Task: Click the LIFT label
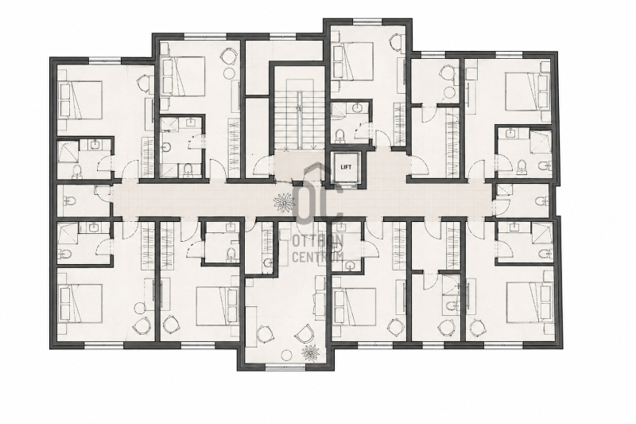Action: point(346,167)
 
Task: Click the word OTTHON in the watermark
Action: point(318,241)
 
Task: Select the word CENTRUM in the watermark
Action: point(318,257)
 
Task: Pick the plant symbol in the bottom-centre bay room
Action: point(311,352)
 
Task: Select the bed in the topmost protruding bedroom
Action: point(352,61)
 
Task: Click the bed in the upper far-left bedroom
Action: point(79,99)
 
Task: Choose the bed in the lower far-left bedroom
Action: point(79,302)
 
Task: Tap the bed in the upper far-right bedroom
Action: point(528,91)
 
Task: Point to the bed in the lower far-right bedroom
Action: point(528,302)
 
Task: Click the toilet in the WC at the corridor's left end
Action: point(69,200)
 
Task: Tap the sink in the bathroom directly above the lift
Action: point(357,108)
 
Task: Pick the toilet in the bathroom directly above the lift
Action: point(340,135)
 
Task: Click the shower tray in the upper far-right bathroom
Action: point(541,140)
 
